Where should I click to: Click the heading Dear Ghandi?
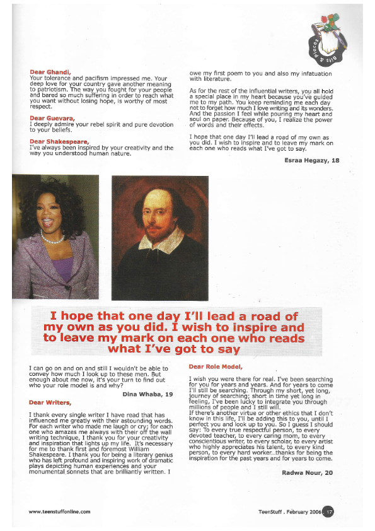coord(50,72)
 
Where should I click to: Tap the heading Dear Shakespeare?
coord(59,141)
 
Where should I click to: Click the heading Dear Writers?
coord(50,402)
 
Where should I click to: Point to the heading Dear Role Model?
coord(216,366)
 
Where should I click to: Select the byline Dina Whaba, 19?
coord(147,394)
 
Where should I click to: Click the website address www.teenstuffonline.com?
coord(59,511)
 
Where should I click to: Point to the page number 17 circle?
coord(328,511)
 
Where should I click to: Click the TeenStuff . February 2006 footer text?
coord(290,511)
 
